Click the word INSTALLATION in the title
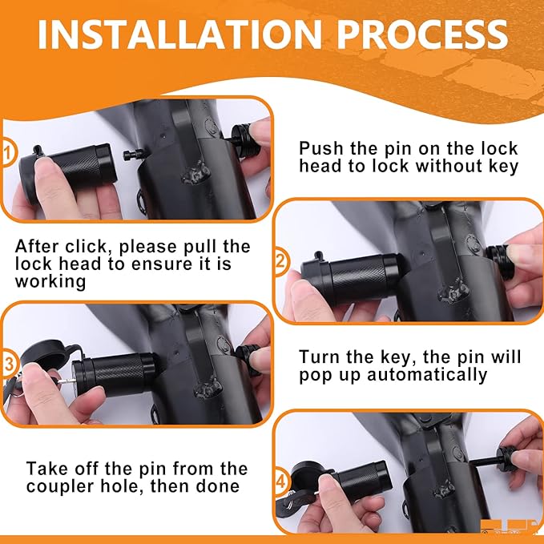click(179, 34)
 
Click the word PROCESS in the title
click(422, 34)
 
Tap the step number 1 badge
click(7, 152)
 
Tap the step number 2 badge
click(280, 261)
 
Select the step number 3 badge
click(8, 364)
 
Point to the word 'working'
click(50, 282)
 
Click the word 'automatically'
click(427, 375)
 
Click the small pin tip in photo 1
click(133, 155)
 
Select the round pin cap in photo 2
click(499, 261)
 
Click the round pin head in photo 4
click(507, 458)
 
